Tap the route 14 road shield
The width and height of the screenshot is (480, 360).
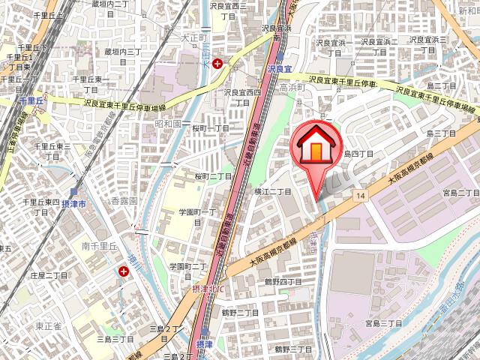[x=361, y=196]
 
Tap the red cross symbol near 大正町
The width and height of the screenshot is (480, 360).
[x=217, y=64]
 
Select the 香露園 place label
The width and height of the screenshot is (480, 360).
[x=124, y=202]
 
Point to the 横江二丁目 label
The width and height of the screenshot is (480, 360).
[x=274, y=192]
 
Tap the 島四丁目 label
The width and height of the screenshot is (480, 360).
[x=358, y=153]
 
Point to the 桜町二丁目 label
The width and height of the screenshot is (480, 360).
[x=212, y=176]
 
